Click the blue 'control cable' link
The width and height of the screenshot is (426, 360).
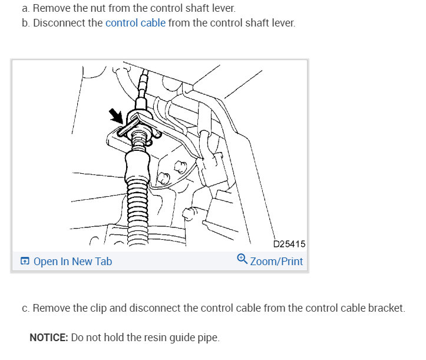[x=136, y=24]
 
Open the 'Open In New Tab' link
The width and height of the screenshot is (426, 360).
[x=72, y=261]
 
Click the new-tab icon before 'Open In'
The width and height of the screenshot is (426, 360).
[x=25, y=262]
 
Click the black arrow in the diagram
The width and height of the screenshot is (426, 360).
[x=117, y=117]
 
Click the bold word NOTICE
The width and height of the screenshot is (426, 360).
[x=49, y=338]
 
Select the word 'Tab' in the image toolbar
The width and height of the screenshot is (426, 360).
[x=103, y=261]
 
